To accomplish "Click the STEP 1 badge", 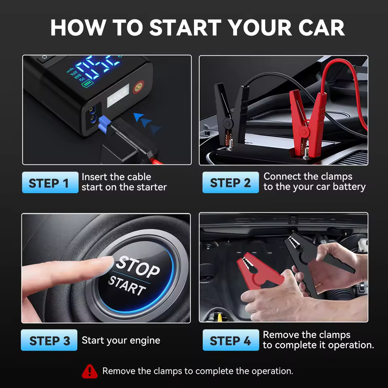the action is pos(50,182).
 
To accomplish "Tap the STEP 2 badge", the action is pos(231,182).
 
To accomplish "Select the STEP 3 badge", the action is pos(49,340).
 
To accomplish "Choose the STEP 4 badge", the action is pos(231,340).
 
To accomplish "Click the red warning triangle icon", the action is pos(90,371).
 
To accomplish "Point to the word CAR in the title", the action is pos(321,27).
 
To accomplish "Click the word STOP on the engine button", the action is pos(138,266).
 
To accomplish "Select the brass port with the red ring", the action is pos(138,87).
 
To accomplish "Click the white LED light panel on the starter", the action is pos(118,95).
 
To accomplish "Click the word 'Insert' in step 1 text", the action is pos(95,177).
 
